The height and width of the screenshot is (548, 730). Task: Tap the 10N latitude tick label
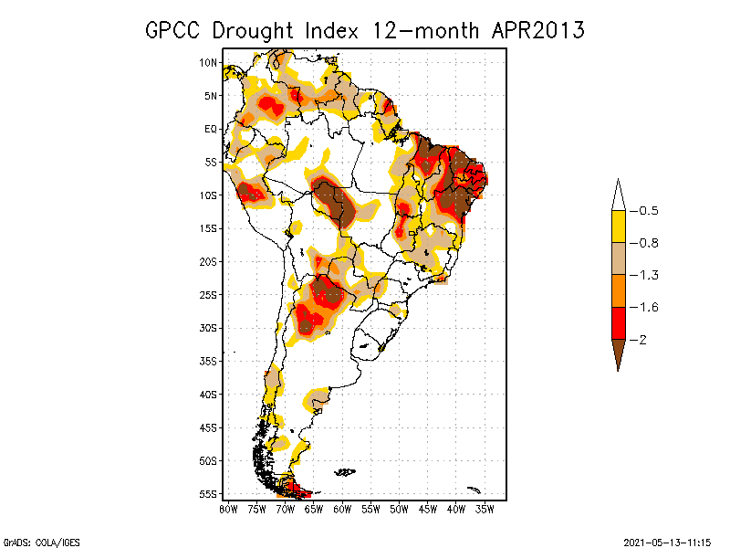click(209, 62)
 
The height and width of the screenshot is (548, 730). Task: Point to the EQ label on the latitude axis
click(211, 129)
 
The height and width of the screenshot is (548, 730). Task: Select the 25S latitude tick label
click(209, 294)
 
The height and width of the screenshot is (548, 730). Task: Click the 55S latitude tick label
click(209, 493)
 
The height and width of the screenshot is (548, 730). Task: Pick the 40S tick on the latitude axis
click(209, 394)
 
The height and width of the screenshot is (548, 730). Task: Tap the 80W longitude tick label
click(228, 509)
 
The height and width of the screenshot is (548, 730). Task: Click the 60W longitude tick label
click(342, 509)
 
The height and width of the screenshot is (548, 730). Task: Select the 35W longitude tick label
click(485, 509)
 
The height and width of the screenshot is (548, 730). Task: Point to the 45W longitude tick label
click(428, 509)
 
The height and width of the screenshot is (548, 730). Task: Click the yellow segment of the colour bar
click(618, 227)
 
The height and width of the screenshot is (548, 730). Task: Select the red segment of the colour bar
click(618, 322)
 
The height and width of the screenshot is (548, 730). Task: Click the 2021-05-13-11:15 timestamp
click(667, 541)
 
